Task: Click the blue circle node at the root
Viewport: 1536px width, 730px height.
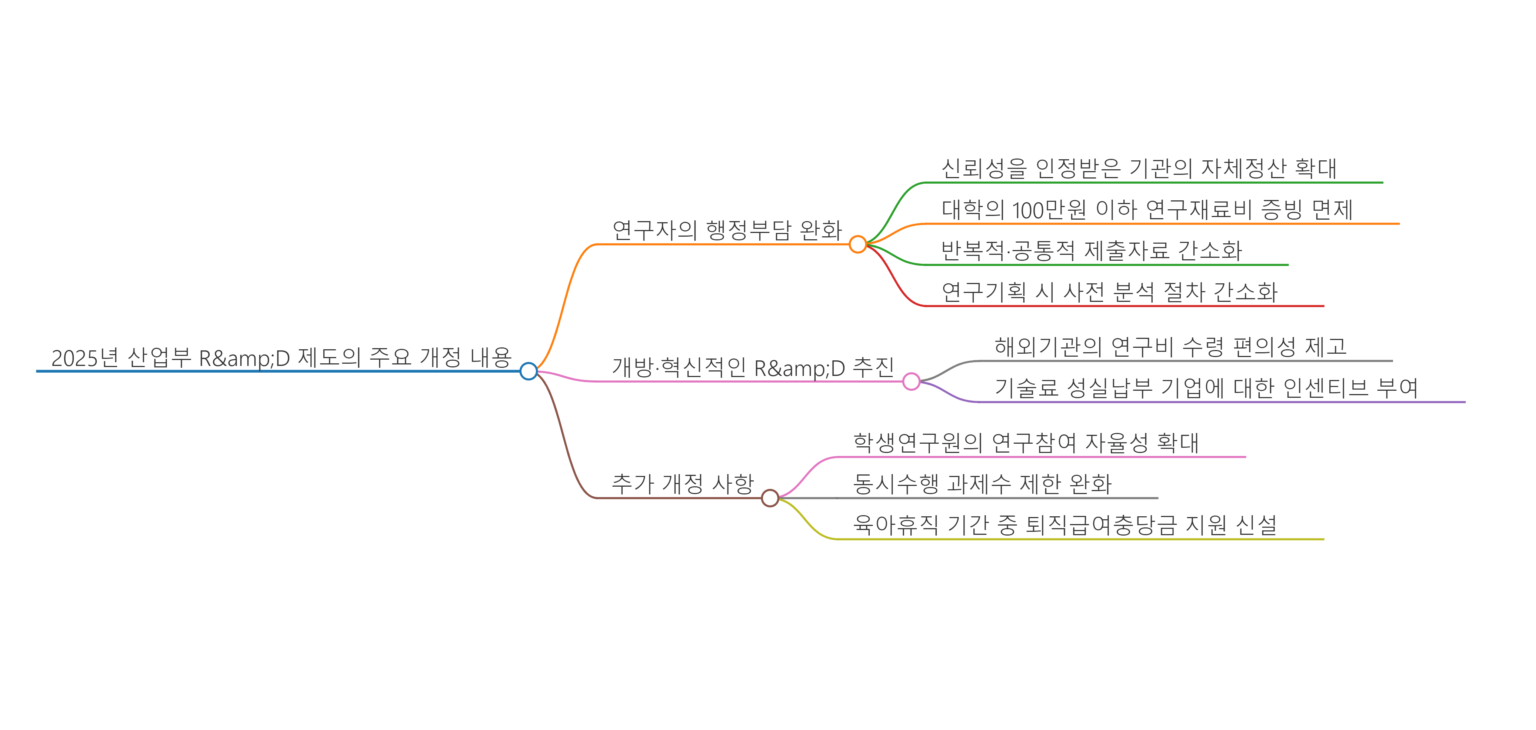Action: point(528,371)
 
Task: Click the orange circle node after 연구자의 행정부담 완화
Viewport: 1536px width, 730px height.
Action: point(857,244)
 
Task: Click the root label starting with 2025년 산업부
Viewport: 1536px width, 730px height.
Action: point(281,358)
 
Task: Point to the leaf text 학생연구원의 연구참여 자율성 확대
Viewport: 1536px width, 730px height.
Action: point(1026,443)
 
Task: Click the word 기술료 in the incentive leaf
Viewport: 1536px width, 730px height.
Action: point(1026,388)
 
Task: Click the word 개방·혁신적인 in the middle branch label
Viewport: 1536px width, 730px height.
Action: point(679,367)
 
